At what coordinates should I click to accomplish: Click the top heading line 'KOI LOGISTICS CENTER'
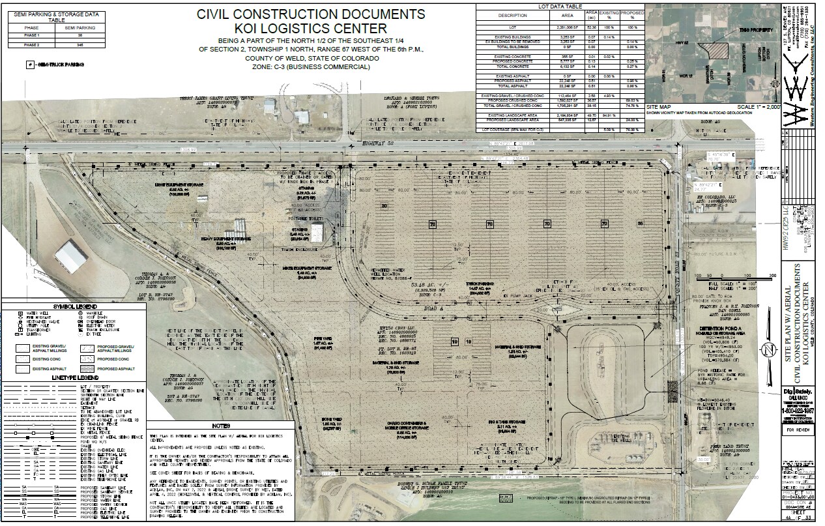312,28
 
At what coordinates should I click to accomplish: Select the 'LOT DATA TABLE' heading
560,5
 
